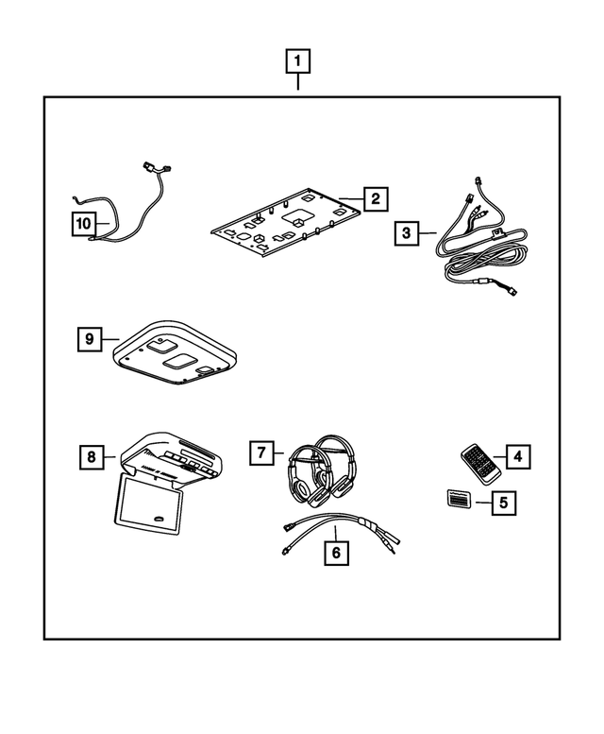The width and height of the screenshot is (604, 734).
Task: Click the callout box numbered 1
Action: click(x=297, y=63)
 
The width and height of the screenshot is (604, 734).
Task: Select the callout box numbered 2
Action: click(x=375, y=198)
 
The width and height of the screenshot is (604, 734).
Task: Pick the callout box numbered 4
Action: click(x=517, y=457)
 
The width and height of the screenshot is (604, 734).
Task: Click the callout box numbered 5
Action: click(x=503, y=503)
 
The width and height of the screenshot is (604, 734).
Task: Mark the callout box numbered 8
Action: click(x=91, y=457)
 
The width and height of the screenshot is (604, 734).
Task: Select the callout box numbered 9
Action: click(x=91, y=338)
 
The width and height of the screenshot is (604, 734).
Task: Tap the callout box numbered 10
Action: click(x=84, y=224)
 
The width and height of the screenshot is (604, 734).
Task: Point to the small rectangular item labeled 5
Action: click(x=457, y=500)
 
